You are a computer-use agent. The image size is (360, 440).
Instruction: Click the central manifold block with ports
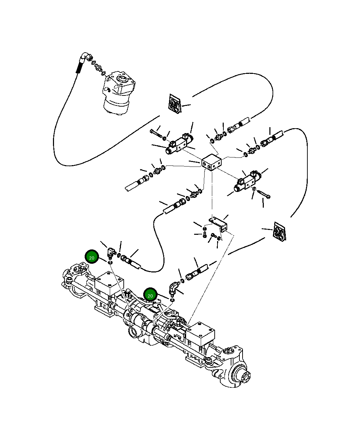pyautogui.click(x=212, y=163)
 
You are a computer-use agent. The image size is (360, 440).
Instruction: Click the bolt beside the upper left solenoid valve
pyautogui.click(x=155, y=132)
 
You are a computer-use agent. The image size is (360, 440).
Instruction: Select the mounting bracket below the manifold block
pyautogui.click(x=219, y=223)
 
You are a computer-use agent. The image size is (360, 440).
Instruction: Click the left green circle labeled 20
pyautogui.click(x=92, y=257)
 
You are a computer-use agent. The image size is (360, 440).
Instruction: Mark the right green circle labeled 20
pyautogui.click(x=150, y=295)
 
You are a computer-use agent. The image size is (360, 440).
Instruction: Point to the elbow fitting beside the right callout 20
pyautogui.click(x=173, y=288)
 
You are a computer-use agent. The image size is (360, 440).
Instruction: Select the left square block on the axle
pyautogui.click(x=109, y=284)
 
